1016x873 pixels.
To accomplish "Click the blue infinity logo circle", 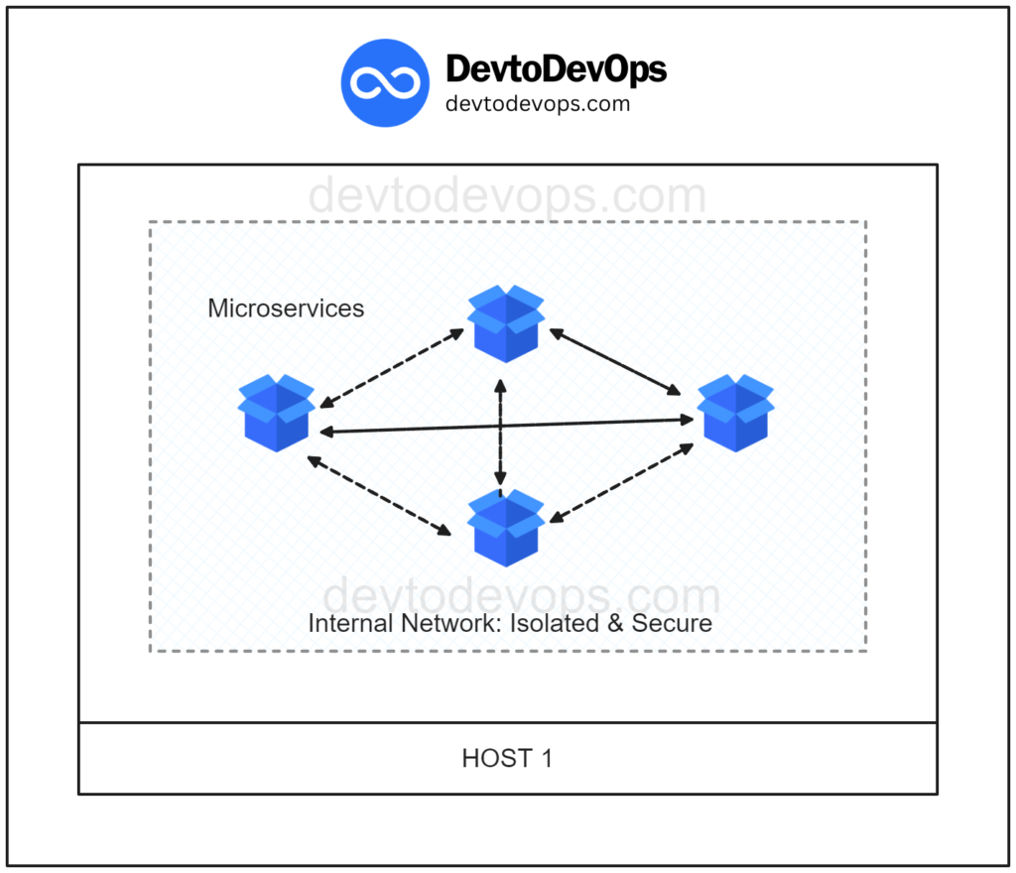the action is tap(385, 83).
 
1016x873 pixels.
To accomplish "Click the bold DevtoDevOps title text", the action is tap(556, 70).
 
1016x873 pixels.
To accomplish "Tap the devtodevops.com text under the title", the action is tap(538, 103).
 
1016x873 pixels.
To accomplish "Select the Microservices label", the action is tap(286, 309).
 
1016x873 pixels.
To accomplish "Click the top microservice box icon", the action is tap(506, 323).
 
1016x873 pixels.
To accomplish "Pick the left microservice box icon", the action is tap(277, 413).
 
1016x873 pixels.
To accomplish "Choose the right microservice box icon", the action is tap(735, 413).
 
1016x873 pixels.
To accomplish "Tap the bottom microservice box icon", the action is tap(506, 528).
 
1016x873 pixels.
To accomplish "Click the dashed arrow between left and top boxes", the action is tap(392, 368).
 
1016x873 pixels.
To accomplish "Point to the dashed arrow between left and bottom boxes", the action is tap(379, 496).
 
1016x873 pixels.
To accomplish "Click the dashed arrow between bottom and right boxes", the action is tap(621, 482).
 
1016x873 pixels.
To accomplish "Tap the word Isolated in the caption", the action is tap(555, 623).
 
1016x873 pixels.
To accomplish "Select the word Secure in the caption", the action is tap(672, 623).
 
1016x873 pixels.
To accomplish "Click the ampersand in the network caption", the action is tap(615, 623).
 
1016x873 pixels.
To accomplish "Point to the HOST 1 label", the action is tap(507, 758).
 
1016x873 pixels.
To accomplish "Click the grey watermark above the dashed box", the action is tap(507, 195).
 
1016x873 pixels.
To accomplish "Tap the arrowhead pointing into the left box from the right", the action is tap(325, 432).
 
